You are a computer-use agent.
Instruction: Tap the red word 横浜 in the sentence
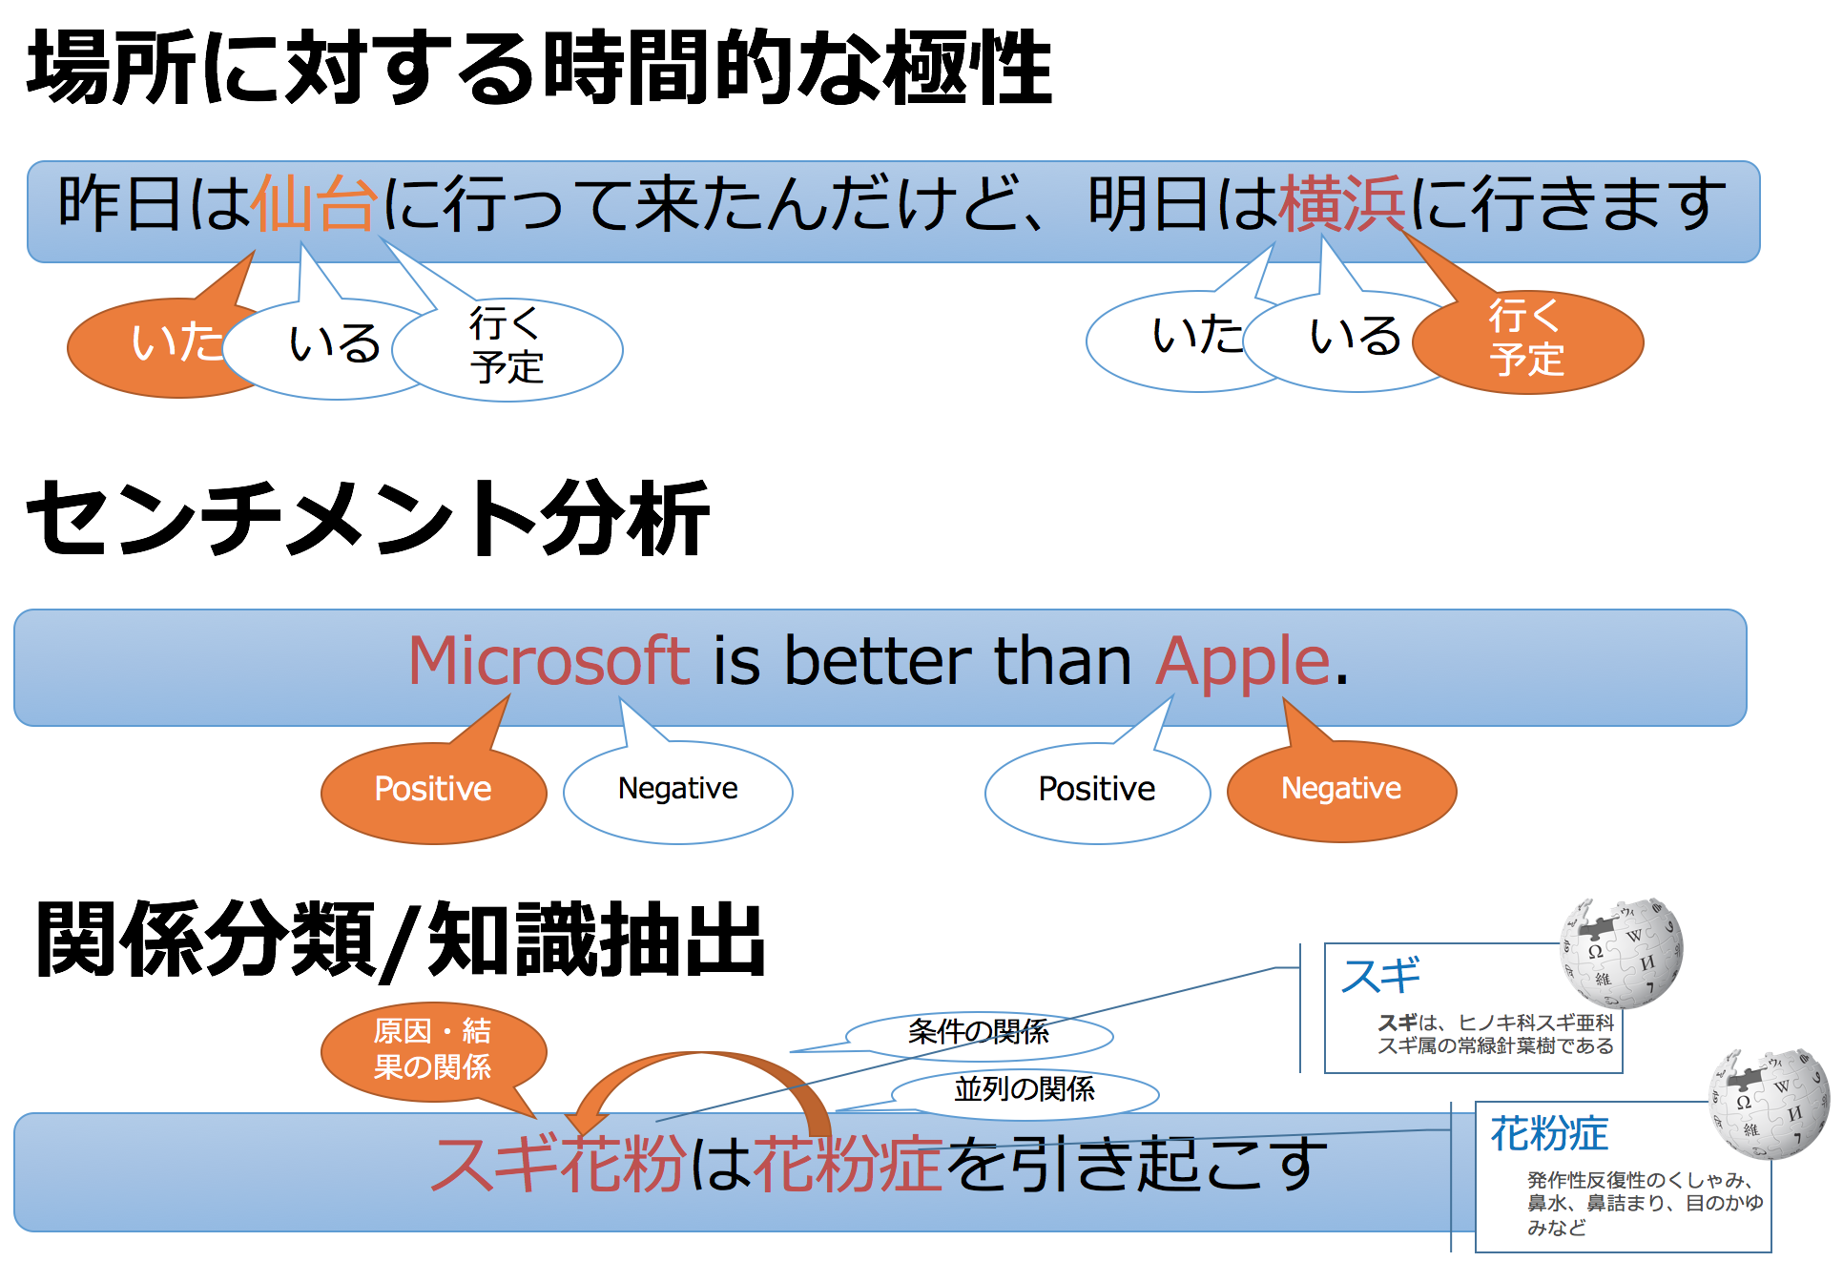point(1342,204)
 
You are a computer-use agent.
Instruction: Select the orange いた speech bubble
point(167,346)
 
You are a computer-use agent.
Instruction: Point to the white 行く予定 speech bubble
point(507,349)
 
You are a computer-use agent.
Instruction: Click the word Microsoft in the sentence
point(549,661)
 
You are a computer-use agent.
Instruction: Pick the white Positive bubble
point(1097,792)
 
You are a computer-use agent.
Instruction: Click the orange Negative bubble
point(1341,790)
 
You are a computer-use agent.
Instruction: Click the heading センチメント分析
point(368,518)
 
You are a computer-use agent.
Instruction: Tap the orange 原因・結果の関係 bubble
point(434,1052)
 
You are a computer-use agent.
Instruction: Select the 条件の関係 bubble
point(979,1033)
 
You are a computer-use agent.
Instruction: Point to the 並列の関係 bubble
point(1025,1090)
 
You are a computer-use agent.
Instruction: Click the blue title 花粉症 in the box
point(1549,1134)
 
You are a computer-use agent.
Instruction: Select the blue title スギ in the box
point(1380,976)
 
